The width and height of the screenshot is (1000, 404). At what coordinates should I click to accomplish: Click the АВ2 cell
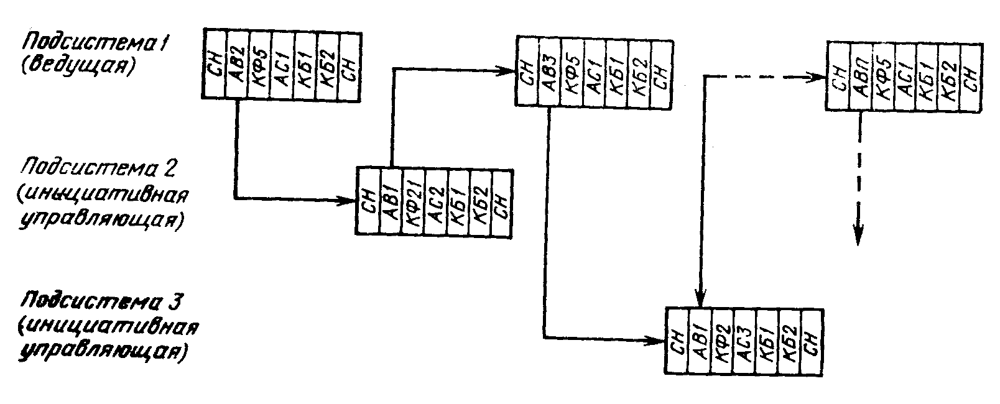236,63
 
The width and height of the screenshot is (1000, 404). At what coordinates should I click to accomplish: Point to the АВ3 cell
549,73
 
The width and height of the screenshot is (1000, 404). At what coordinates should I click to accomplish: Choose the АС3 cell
744,340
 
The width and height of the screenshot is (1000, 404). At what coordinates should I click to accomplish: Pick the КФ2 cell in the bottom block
721,340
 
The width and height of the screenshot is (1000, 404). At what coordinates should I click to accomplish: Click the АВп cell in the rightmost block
860,76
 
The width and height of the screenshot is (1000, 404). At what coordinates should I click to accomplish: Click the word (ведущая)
77,65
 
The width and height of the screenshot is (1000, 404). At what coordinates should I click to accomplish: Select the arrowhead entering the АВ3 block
508,71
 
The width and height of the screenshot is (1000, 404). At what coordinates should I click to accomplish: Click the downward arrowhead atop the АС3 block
701,299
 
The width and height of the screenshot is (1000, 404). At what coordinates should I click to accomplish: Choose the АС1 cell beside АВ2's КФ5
282,63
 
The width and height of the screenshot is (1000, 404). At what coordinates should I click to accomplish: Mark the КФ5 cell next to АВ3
572,73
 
